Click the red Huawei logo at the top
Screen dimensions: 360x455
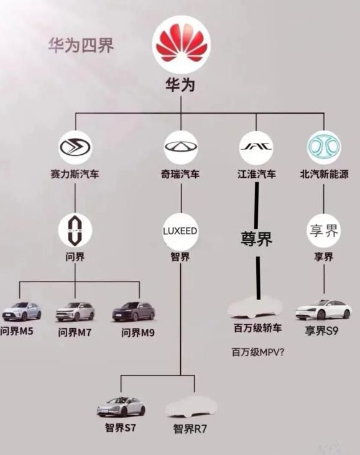point(182,44)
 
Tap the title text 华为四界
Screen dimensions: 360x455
point(81,45)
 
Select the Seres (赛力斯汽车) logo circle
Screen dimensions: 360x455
point(75,147)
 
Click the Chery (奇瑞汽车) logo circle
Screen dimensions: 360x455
point(181,147)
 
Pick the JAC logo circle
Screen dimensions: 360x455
point(256,147)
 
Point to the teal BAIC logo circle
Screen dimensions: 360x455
point(324,147)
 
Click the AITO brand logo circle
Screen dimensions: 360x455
point(75,230)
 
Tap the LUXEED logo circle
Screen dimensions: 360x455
point(180,231)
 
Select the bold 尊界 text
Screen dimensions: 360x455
point(256,239)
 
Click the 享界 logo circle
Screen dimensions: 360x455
point(324,231)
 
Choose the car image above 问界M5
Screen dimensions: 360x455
point(21,311)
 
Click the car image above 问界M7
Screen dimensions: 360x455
point(75,311)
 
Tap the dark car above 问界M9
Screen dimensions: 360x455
point(134,311)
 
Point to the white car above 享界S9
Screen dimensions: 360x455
point(323,310)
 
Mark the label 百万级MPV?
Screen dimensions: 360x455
point(258,352)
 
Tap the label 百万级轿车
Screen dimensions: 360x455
point(258,328)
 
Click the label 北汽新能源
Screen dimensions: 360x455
point(324,174)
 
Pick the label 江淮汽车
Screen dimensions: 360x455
point(256,174)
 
